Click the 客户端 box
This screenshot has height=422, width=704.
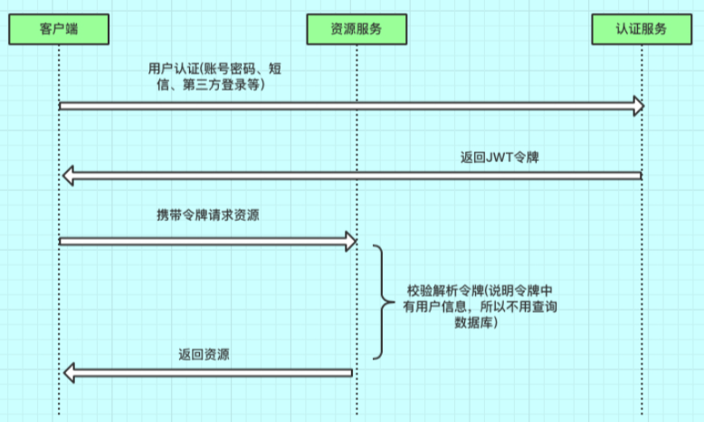[59, 29]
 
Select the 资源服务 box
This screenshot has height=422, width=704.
[357, 29]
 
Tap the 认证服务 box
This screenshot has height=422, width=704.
[642, 29]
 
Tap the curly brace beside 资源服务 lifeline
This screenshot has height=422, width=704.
[382, 302]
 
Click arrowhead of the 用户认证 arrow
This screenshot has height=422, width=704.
[637, 107]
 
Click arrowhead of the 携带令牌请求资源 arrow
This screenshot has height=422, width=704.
[351, 241]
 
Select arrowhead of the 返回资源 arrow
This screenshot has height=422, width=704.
[69, 372]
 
